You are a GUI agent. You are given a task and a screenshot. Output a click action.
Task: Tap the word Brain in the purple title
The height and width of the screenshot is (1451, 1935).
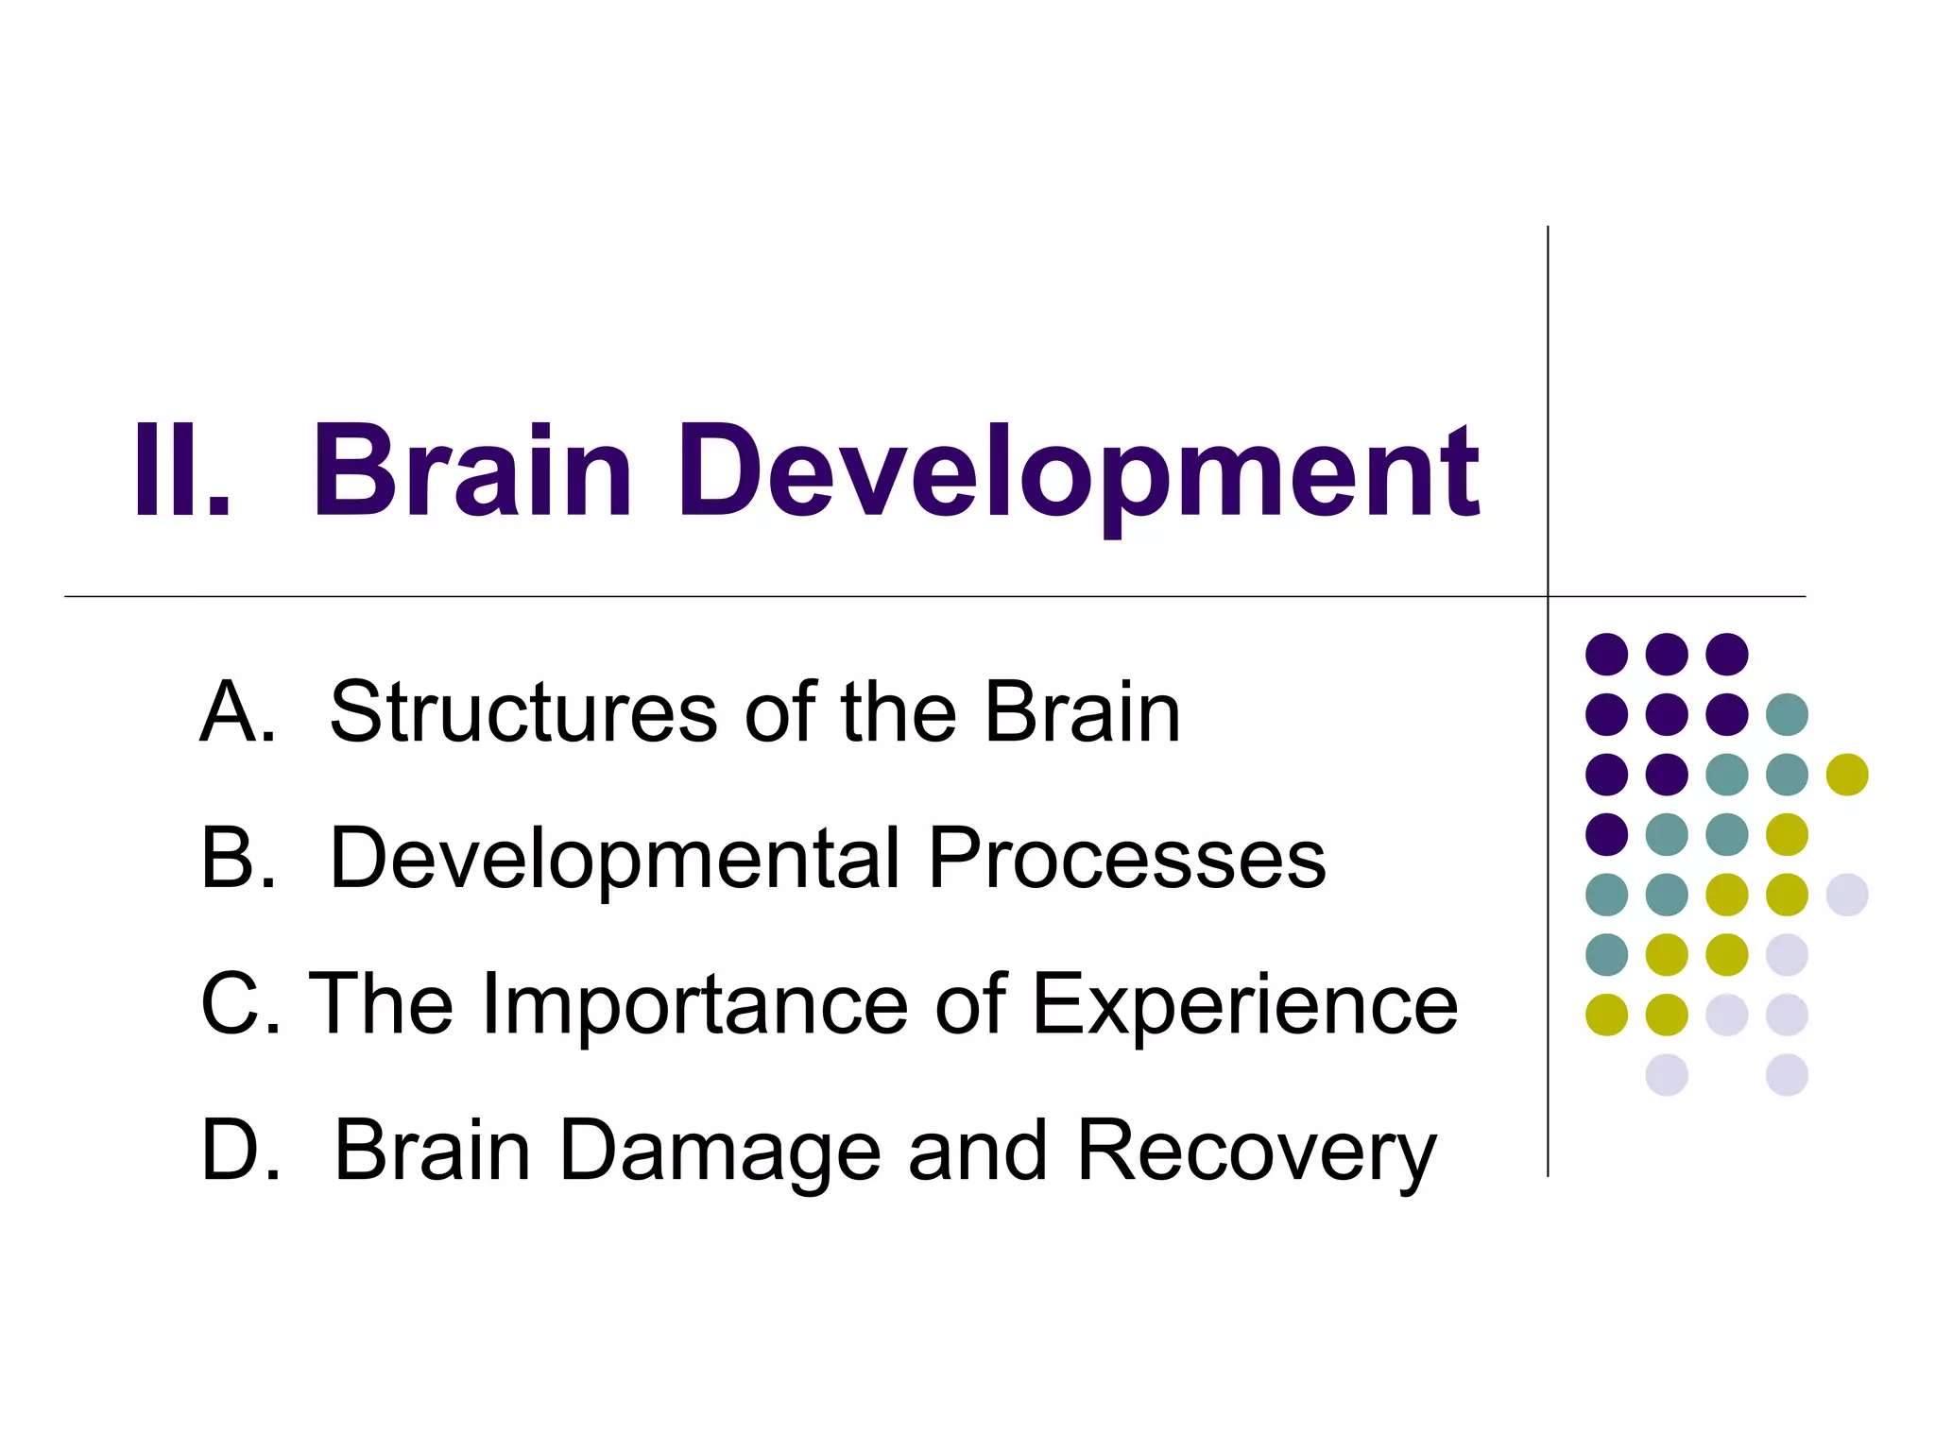pos(472,471)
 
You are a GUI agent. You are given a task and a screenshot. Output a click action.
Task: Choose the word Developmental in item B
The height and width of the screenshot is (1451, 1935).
pos(614,859)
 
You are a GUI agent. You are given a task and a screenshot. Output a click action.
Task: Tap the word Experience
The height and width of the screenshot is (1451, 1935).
pos(1244,1007)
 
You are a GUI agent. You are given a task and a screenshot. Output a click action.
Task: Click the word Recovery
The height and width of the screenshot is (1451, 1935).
pos(1256,1152)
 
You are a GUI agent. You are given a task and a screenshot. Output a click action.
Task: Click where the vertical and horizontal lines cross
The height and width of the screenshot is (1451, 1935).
pos(1548,597)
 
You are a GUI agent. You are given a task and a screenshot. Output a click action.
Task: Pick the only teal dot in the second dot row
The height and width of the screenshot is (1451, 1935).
pos(1787,714)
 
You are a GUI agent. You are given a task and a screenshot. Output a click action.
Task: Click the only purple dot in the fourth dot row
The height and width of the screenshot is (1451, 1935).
pos(1606,834)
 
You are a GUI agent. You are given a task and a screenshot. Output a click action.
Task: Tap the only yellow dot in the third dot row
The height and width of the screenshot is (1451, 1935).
pos(1847,775)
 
